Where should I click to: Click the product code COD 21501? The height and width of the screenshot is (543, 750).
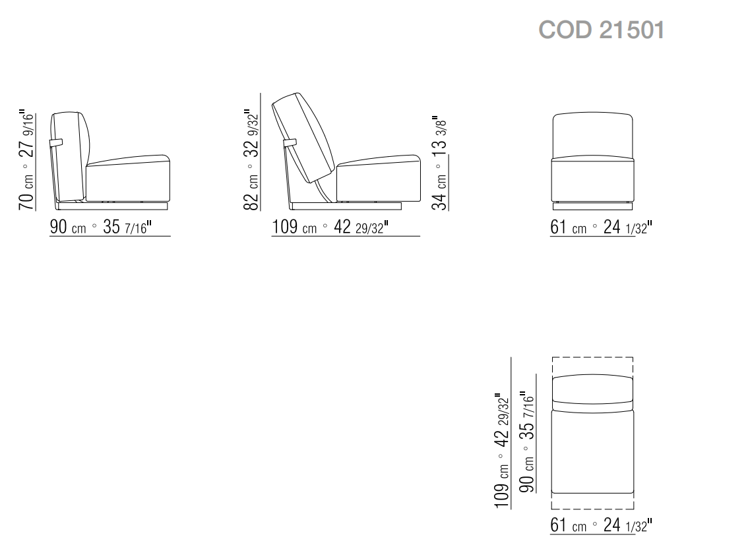point(601,30)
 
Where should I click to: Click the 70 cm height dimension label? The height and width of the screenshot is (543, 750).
point(27,160)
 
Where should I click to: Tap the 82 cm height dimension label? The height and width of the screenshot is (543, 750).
point(251,160)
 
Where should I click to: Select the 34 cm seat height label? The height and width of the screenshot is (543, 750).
point(439,163)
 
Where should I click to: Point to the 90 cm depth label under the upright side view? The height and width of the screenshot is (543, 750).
point(100,227)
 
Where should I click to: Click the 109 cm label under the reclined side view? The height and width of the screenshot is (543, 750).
point(330,227)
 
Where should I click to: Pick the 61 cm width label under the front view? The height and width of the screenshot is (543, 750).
point(601,227)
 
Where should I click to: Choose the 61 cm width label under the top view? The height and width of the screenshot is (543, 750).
point(601,525)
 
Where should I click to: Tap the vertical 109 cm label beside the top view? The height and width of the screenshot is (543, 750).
point(502,451)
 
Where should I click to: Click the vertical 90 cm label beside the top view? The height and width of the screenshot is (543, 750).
point(526,442)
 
